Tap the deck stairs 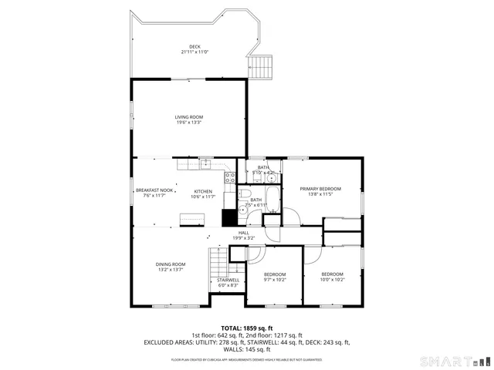coord(262,66)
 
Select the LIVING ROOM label coord(188,116)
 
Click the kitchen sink coord(206,163)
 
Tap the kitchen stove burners coord(229,177)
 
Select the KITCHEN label coord(203,191)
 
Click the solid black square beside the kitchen coord(228,218)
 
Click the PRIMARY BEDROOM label coord(320,188)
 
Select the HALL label coord(243,233)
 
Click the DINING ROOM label coord(171,264)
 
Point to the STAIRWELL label coord(228,280)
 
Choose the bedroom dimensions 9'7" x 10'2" coord(275,280)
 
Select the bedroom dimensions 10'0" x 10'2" coord(332,280)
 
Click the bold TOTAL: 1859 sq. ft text coord(246,328)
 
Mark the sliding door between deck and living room coord(188,79)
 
